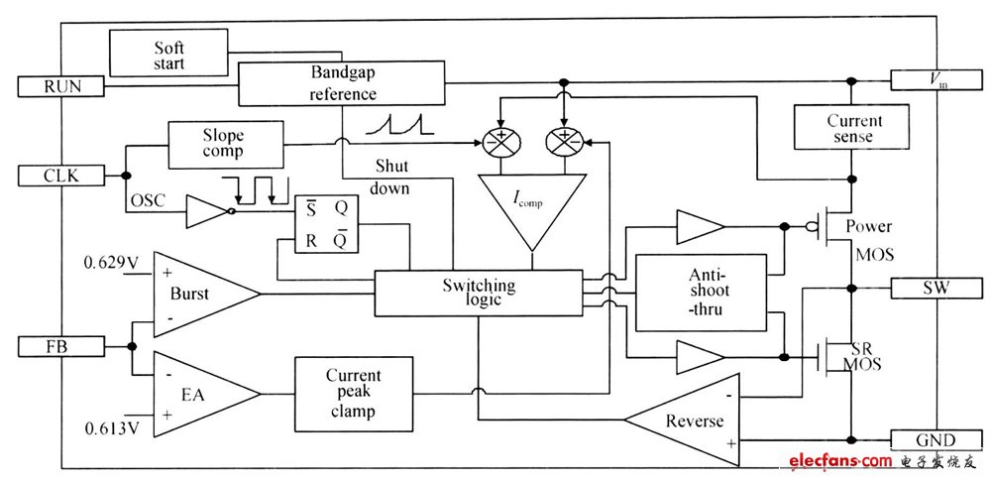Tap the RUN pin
tap(61, 86)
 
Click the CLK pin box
tap(61, 177)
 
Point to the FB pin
tap(61, 346)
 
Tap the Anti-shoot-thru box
tap(700, 292)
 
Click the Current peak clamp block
tap(353, 393)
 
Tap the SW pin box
tap(935, 289)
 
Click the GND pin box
tap(935, 439)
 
